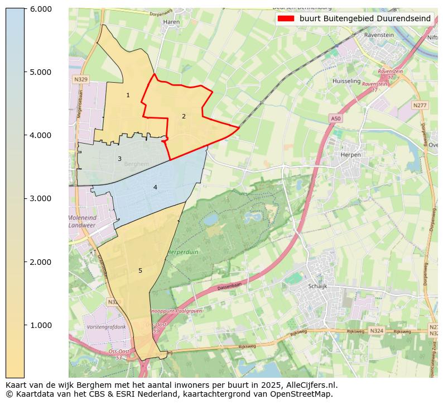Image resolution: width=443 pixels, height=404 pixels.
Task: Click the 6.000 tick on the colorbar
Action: [25, 9]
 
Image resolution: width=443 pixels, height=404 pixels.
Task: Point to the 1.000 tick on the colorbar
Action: [25, 325]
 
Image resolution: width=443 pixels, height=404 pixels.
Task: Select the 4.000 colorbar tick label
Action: [40, 135]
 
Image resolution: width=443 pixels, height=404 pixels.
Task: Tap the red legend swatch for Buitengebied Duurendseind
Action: [286, 18]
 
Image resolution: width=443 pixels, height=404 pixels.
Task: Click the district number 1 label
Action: [128, 96]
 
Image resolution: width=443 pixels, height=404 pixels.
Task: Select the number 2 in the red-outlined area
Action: [184, 116]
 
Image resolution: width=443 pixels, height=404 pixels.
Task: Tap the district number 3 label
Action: [119, 159]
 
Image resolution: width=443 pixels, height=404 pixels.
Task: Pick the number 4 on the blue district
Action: [155, 187]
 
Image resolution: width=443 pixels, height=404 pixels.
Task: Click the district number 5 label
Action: [140, 271]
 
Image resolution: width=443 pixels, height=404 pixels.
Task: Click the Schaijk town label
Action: [317, 286]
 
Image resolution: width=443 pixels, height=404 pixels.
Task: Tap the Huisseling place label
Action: [346, 81]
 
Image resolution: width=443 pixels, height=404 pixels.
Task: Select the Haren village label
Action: [170, 22]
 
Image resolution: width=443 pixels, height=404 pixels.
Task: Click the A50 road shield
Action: [335, 118]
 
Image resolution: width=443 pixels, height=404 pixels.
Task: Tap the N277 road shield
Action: [420, 105]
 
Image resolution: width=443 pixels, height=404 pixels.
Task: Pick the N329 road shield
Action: [81, 80]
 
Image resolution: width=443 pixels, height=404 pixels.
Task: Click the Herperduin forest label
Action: [182, 253]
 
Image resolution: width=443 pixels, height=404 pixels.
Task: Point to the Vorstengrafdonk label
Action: [106, 327]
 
